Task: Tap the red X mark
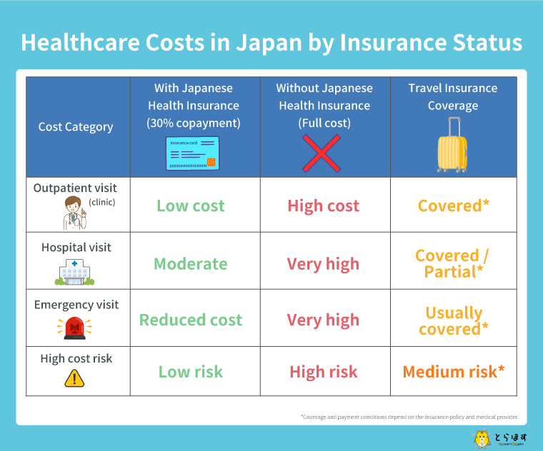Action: point(322,153)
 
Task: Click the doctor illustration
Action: point(75,212)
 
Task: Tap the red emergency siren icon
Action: point(75,328)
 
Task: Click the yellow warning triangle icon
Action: point(75,379)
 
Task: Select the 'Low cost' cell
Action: point(191,206)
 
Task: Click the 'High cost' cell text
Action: point(323,206)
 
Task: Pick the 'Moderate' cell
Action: point(191,263)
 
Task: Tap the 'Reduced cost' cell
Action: point(191,320)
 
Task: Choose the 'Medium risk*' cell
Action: point(454,372)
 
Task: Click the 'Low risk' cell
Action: point(191,372)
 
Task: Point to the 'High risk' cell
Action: point(323,372)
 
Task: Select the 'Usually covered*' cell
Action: point(454,320)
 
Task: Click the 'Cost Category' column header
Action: point(76,127)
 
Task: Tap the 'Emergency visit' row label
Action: point(76,305)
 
